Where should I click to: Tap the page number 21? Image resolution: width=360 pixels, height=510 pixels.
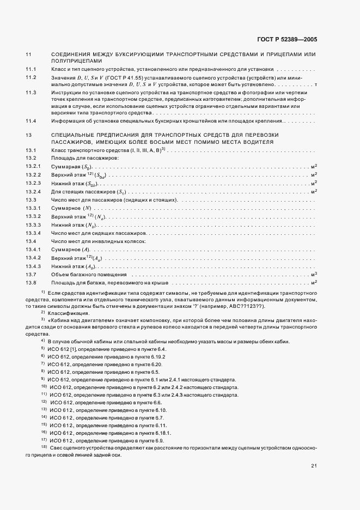[314, 466]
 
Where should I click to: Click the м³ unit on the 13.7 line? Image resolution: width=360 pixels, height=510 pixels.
[314, 274]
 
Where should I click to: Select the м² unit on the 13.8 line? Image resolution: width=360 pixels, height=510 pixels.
[314, 282]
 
